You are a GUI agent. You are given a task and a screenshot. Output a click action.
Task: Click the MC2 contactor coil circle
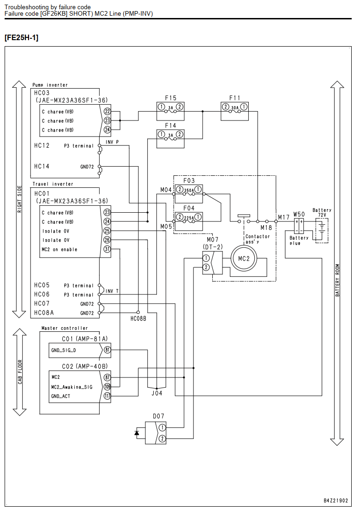[x=244, y=258]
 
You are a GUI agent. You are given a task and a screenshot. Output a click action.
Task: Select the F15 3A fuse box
[x=170, y=111]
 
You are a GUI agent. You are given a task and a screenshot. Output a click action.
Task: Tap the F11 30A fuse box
[x=234, y=111]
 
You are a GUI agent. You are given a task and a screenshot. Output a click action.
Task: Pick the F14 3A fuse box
[x=170, y=139]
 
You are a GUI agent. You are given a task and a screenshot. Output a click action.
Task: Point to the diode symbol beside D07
[x=137, y=433]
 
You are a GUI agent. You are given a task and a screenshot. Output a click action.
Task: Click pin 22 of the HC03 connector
[x=108, y=111]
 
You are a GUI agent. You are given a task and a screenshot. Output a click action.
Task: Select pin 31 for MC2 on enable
[x=108, y=249]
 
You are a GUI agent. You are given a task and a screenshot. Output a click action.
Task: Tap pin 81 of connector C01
[x=108, y=350]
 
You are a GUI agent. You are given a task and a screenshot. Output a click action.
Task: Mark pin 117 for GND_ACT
[x=108, y=396]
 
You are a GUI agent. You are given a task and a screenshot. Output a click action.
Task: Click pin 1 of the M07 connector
[x=206, y=258]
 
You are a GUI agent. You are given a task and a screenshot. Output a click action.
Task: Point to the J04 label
[x=156, y=393]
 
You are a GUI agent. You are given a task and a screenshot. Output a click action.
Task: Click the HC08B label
[x=138, y=318]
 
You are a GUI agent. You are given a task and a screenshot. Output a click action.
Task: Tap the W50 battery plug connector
[x=299, y=226]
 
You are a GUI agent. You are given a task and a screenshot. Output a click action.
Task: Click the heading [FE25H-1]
[x=21, y=38]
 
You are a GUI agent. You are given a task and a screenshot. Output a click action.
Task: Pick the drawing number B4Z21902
[x=336, y=501]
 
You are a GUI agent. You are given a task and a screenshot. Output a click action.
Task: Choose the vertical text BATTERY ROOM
[x=337, y=280]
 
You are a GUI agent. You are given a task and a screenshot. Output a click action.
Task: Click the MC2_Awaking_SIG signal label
[x=72, y=387]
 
